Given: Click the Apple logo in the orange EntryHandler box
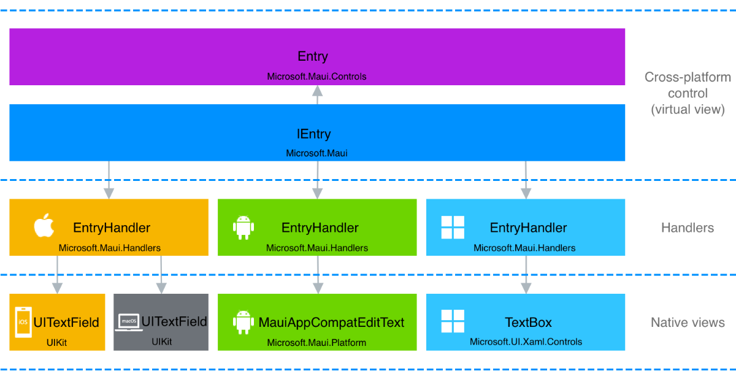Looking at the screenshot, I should tap(44, 226).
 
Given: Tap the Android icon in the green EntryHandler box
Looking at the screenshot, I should tap(243, 228).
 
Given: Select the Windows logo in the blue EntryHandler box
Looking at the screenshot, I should tap(453, 228).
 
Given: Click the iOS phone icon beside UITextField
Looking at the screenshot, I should tap(23, 322).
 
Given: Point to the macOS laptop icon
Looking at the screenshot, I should tap(128, 321).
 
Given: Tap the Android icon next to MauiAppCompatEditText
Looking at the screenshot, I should tap(243, 322).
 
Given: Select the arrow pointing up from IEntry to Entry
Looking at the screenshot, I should tap(317, 94).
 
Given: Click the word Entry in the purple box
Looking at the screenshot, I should tap(313, 56).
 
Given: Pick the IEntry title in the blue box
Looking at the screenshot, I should tap(313, 134).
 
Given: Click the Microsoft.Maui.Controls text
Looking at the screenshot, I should tap(316, 77).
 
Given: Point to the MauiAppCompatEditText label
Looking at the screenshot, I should tap(331, 323).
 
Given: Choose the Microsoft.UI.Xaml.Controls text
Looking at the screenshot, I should tap(526, 342).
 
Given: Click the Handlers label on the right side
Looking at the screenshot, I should tap(687, 228).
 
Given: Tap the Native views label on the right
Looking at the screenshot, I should tap(688, 323).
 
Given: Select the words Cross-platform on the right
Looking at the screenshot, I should tap(688, 77).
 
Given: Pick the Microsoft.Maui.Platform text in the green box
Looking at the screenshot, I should tap(316, 342).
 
